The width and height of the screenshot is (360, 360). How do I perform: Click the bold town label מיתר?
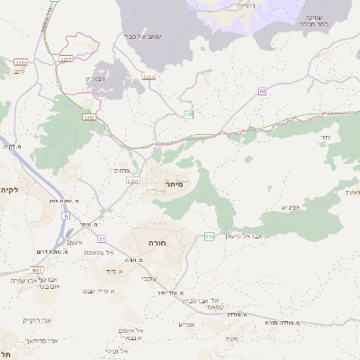(175, 184)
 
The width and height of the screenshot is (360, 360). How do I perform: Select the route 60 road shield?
(263, 91)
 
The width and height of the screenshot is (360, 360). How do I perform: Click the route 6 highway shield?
(66, 217)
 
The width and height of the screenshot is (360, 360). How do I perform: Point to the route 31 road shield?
(102, 238)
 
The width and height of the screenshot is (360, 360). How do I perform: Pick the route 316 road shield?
(210, 236)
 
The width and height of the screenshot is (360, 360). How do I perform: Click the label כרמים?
(124, 168)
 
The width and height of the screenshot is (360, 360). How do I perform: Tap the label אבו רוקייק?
(37, 319)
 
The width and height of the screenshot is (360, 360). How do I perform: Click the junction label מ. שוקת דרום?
(35, 251)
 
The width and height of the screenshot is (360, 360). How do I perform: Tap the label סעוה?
(231, 337)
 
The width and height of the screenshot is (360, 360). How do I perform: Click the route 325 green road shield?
(189, 114)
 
